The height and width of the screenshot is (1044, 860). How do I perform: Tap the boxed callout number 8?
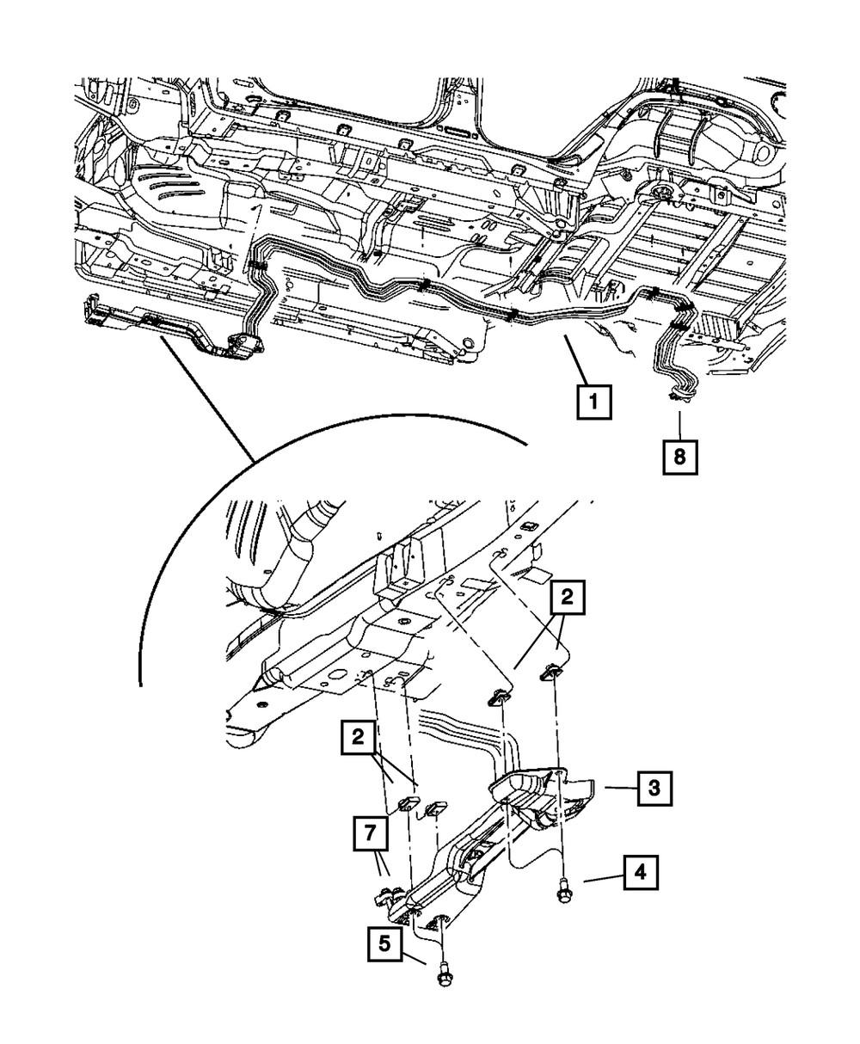679,457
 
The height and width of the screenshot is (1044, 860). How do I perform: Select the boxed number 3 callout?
653,786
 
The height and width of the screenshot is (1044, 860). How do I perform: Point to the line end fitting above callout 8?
679,396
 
